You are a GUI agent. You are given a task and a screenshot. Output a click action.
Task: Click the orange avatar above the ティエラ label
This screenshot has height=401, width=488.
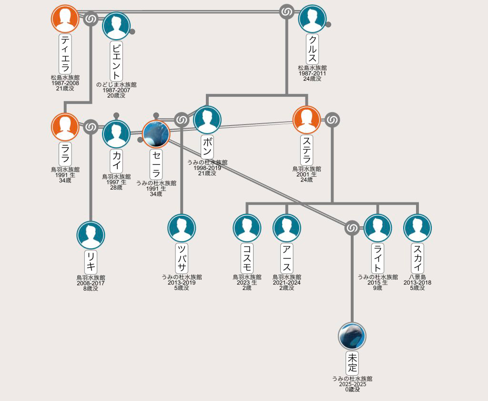click(65, 19)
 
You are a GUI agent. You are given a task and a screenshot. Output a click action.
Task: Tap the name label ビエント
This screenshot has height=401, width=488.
click(116, 61)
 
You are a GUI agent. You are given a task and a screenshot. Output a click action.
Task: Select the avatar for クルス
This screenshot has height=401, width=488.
click(312, 19)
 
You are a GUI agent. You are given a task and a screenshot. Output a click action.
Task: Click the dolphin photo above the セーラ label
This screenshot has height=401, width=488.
click(156, 134)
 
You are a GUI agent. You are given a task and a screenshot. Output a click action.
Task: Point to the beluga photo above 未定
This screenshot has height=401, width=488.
click(352, 336)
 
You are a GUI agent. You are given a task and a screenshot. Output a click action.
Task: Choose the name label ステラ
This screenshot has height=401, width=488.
click(306, 150)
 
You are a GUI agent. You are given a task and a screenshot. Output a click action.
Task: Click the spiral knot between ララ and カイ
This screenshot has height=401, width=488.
click(91, 127)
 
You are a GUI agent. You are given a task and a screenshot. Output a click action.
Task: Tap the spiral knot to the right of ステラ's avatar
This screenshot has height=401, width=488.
click(332, 120)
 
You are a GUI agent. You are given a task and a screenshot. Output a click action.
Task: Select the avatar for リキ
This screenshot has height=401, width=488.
click(91, 235)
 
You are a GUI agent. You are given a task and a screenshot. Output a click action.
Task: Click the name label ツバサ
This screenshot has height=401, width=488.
click(182, 258)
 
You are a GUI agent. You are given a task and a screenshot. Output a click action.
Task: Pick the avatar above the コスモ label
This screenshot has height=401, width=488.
click(247, 228)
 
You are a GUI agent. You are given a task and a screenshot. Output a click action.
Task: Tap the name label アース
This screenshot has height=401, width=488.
click(286, 258)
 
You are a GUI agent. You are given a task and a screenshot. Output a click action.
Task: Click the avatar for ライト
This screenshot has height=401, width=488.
click(377, 228)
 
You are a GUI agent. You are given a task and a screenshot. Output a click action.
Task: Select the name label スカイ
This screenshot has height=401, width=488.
click(417, 258)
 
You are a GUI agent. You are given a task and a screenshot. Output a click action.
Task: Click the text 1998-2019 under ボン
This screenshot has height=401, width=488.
click(207, 168)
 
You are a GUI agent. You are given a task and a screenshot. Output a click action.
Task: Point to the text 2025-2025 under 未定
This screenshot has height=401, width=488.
click(352, 384)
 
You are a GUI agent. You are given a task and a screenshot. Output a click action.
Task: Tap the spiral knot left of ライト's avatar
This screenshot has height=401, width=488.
click(352, 228)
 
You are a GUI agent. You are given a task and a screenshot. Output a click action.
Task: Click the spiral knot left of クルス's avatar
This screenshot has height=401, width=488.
click(286, 12)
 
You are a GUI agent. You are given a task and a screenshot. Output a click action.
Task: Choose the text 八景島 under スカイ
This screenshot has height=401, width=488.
click(417, 277)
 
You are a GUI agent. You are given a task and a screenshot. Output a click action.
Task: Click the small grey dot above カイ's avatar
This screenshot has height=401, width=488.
click(116, 116)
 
